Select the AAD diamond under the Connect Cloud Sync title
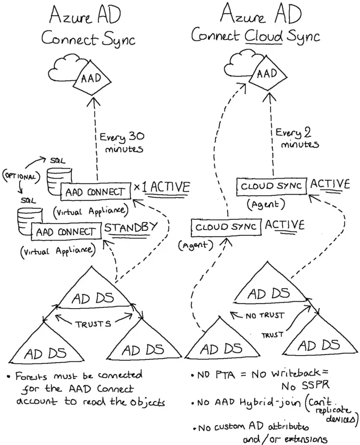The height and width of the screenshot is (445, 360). click(x=267, y=74)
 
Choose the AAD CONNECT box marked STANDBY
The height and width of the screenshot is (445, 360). click(x=66, y=232)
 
